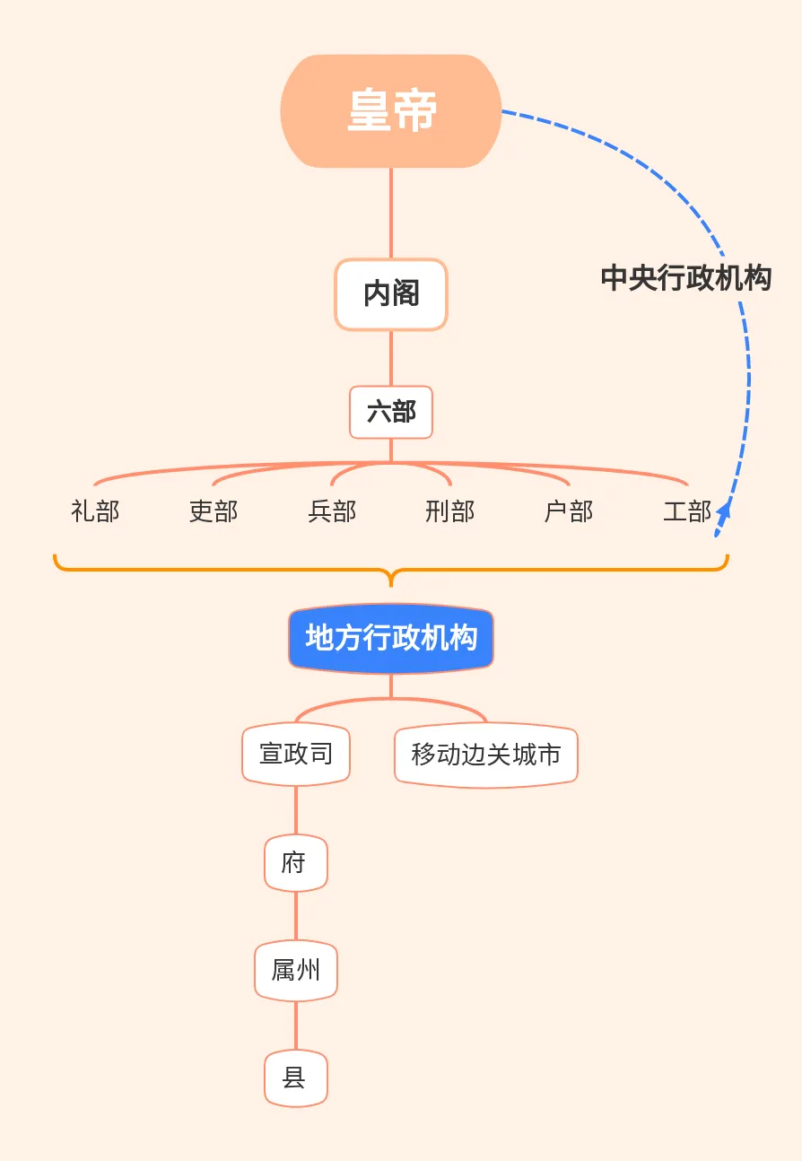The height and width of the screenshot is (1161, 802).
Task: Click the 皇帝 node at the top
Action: [x=391, y=111]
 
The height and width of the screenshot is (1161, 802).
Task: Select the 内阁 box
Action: [x=391, y=294]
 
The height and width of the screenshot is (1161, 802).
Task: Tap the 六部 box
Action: [x=391, y=413]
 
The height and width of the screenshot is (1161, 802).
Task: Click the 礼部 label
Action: [x=95, y=511]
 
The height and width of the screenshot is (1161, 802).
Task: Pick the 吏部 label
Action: [x=214, y=511]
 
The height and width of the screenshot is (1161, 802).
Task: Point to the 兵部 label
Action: [x=332, y=511]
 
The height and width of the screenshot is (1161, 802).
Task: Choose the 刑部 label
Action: [x=450, y=511]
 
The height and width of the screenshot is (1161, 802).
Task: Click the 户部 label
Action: [x=569, y=511]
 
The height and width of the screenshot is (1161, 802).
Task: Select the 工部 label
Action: [x=687, y=511]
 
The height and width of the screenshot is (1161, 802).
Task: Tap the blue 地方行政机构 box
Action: [x=391, y=638]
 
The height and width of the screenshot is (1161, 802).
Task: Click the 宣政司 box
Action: [x=296, y=754]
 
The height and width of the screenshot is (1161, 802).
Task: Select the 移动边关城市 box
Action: [x=486, y=755]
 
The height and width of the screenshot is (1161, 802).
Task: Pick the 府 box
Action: [x=295, y=863]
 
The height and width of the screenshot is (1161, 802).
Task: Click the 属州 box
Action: [x=295, y=970]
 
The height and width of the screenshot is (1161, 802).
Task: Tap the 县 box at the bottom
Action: [x=295, y=1078]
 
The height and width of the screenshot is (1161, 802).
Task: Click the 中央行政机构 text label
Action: [x=686, y=278]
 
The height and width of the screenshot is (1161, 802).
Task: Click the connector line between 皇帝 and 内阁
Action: [x=391, y=214]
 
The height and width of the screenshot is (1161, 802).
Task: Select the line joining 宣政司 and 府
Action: [x=296, y=811]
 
